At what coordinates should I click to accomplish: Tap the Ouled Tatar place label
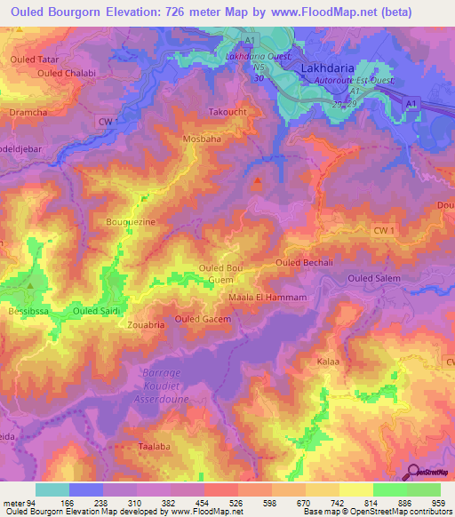pyautogui.click(x=34, y=59)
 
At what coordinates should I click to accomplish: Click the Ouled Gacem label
pyautogui.click(x=203, y=319)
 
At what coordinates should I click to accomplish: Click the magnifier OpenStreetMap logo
pyautogui.click(x=412, y=473)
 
